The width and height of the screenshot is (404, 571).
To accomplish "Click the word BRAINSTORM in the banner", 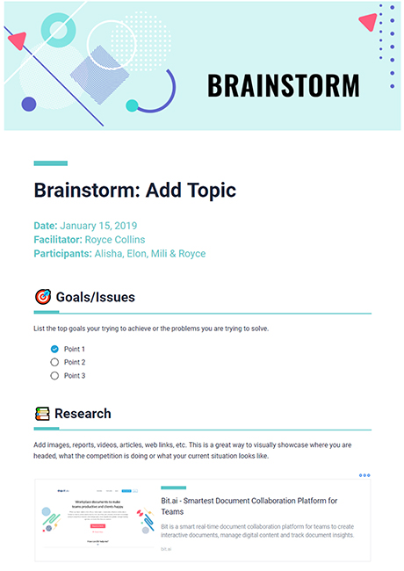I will click(x=283, y=86).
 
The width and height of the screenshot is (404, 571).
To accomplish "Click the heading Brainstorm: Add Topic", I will click(x=134, y=190).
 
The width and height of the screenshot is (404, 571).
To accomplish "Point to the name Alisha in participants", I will click(x=111, y=254).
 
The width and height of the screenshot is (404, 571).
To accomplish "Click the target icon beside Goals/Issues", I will click(x=42, y=297).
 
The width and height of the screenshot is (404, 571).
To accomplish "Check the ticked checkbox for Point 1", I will click(x=54, y=349).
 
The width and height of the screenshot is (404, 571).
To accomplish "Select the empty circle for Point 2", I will click(x=54, y=362).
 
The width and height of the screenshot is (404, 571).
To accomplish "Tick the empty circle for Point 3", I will click(x=54, y=375).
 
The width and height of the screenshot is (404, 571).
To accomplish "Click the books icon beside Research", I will click(x=42, y=414).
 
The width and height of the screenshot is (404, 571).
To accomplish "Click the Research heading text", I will click(x=83, y=414).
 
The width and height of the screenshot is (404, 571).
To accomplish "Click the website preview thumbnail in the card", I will click(x=97, y=520).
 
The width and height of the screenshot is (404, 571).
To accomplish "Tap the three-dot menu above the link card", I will click(x=364, y=475).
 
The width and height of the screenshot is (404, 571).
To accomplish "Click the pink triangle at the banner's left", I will click(x=15, y=40).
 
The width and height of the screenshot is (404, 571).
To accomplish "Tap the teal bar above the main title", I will click(x=50, y=163).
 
